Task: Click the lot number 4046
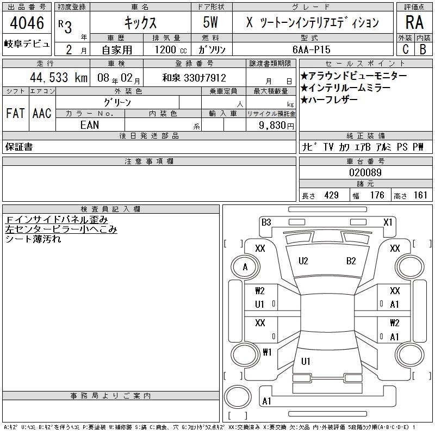point(27,22)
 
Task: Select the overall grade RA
point(414,22)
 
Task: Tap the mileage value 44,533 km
point(59,77)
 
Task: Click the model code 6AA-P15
point(311,49)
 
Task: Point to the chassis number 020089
point(365,172)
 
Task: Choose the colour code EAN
point(90,125)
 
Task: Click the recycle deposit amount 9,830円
point(276,126)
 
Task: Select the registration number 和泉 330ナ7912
point(194,78)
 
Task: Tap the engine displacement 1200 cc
point(171,49)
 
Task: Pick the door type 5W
point(210,22)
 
